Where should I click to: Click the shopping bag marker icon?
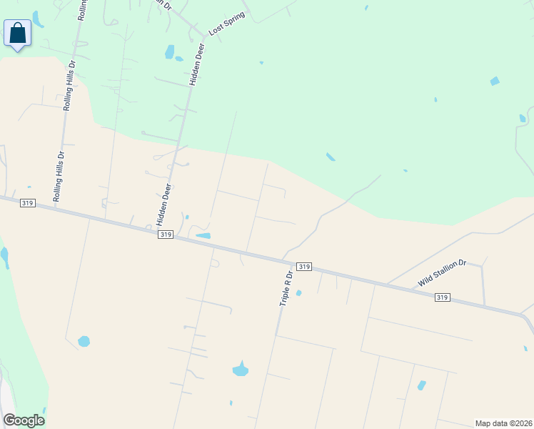pos(17,34)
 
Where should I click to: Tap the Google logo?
pos(24,420)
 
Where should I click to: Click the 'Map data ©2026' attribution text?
pos(504,423)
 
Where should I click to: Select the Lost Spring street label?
pos(226,24)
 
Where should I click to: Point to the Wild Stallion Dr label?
pos(442,273)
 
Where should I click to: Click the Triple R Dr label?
pos(286,288)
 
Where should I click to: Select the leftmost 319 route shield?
pos(28,202)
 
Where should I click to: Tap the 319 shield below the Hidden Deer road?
pos(166,234)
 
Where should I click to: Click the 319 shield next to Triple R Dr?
pos(304,266)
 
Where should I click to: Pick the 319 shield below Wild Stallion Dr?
pos(443,297)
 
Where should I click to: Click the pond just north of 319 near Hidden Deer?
pos(203,235)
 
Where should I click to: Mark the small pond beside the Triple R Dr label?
pos(298,292)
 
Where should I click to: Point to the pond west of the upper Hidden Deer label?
pos(169,51)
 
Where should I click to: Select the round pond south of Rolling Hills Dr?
pos(84,341)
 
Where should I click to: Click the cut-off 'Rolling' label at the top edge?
pos(82,9)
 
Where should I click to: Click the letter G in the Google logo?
pos(9,420)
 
